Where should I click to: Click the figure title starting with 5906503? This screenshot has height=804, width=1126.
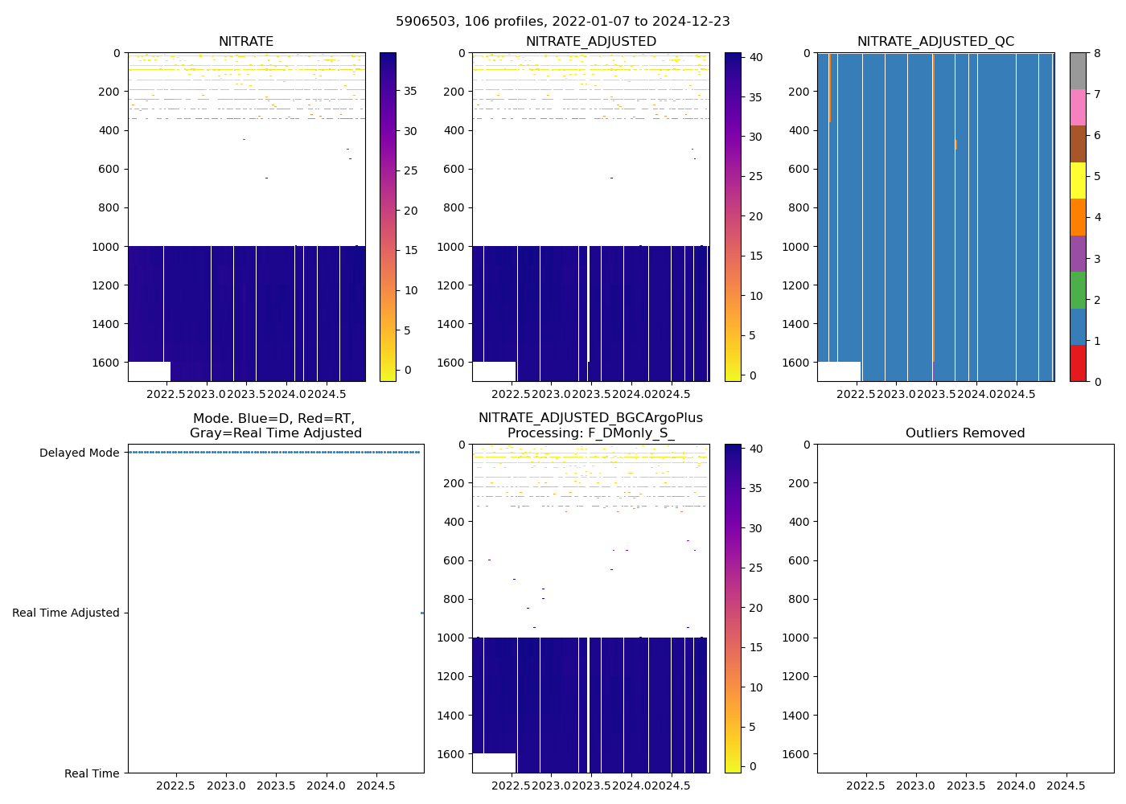tap(562, 22)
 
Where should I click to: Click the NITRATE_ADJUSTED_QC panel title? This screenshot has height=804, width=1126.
tap(935, 42)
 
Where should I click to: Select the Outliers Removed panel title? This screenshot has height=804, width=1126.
tap(965, 433)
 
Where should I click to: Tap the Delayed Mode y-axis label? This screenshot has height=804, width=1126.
tap(79, 453)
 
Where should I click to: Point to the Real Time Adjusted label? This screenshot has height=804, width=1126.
tap(65, 613)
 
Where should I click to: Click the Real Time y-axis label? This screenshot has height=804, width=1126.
tap(92, 773)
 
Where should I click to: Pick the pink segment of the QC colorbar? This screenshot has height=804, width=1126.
tap(1078, 108)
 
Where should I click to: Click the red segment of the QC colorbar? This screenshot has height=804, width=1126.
tap(1078, 363)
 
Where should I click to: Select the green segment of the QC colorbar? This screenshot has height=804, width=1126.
tap(1078, 290)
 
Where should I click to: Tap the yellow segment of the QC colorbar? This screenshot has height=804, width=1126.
tap(1078, 181)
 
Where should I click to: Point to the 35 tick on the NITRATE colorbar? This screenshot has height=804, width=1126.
tap(410, 92)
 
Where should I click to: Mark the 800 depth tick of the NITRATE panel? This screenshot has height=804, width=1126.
tap(109, 207)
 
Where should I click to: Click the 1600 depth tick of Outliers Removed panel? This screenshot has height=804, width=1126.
tap(795, 754)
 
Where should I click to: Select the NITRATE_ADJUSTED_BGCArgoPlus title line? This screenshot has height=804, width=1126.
tap(590, 418)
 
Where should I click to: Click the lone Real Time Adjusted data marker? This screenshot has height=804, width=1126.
tap(422, 613)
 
